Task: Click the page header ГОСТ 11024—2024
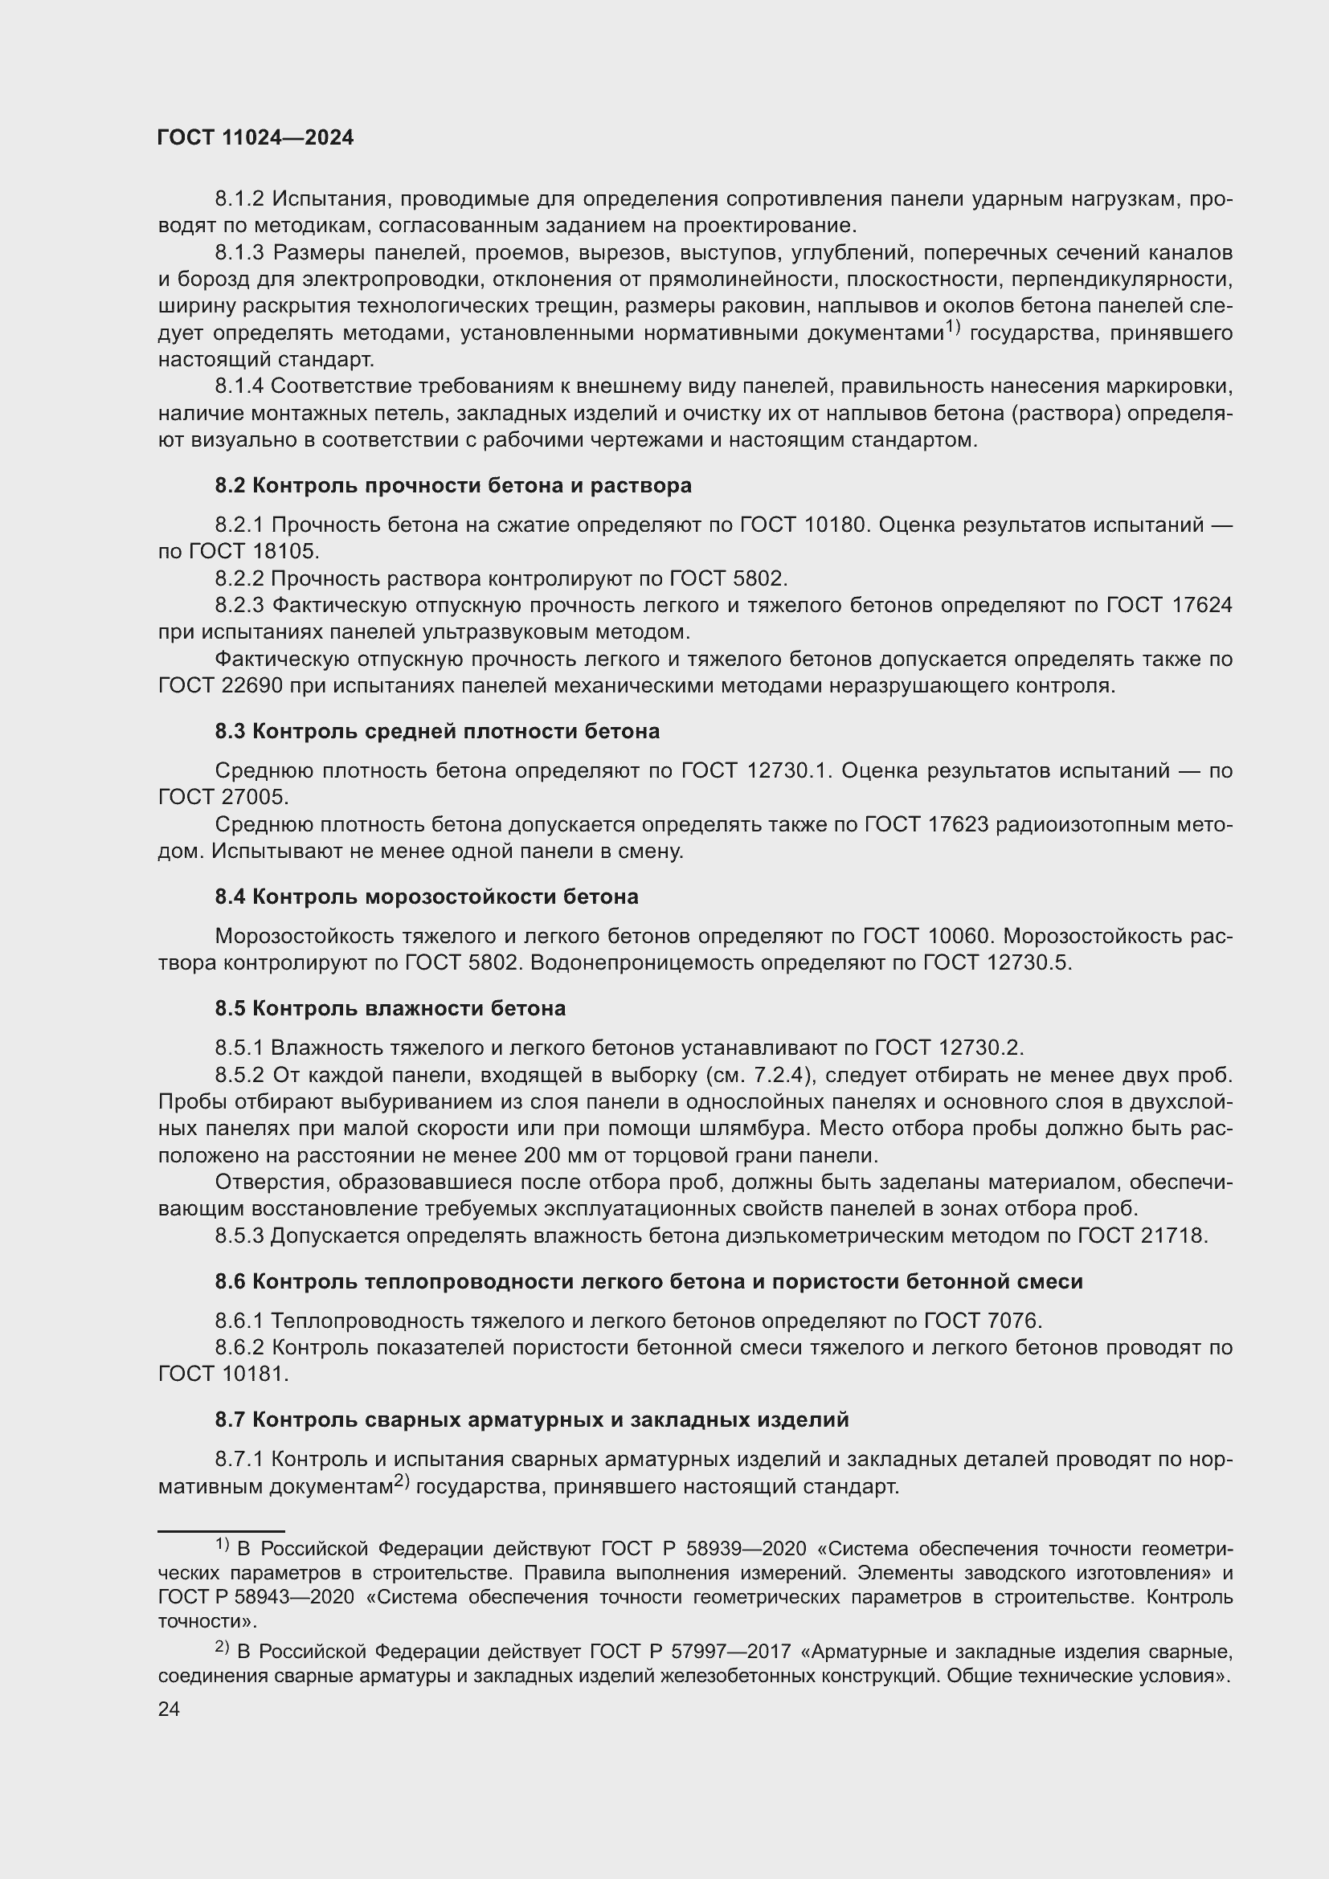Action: coord(256,137)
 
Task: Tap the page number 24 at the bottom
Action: coord(169,1709)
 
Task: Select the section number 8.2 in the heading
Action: coord(230,485)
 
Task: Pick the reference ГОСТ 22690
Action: coord(220,686)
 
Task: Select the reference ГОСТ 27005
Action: coord(223,797)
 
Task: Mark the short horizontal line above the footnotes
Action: coord(221,1530)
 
